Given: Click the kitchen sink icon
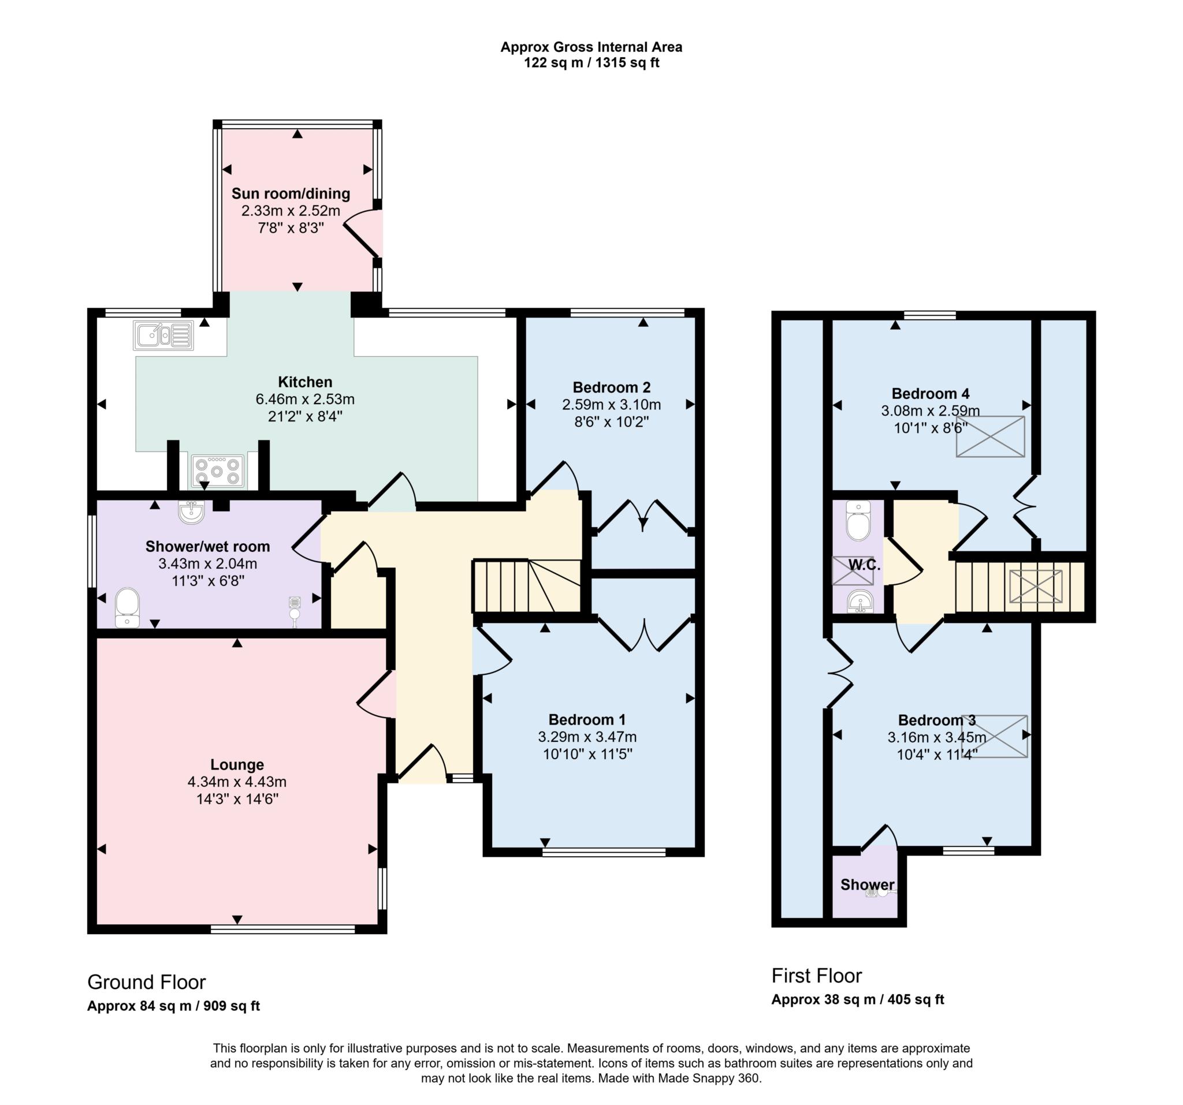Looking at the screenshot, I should click(x=163, y=335).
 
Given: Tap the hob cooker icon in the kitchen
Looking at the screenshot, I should click(x=218, y=471).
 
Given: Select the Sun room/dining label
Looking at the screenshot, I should click(x=291, y=194).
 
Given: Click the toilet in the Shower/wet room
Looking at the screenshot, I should click(x=127, y=607).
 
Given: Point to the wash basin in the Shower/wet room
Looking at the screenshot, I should click(x=192, y=513).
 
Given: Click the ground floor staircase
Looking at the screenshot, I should click(x=526, y=586).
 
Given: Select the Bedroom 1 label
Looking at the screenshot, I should click(x=587, y=720).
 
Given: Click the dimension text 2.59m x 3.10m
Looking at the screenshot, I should click(x=611, y=405).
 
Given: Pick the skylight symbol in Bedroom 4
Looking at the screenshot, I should click(x=990, y=436).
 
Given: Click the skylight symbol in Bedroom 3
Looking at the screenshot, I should click(x=1002, y=736).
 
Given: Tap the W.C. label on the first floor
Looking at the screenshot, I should click(x=864, y=565).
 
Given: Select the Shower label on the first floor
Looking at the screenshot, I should click(x=867, y=885).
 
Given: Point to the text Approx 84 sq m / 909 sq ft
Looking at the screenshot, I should click(x=173, y=1006).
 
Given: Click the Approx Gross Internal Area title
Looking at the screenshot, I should click(x=591, y=47).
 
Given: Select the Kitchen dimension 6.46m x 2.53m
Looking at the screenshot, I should click(x=304, y=399).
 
